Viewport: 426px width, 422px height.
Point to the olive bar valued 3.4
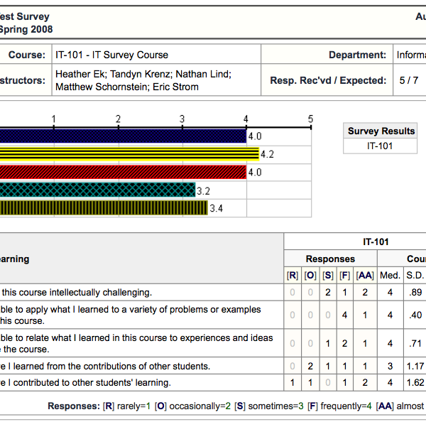tap(103, 208)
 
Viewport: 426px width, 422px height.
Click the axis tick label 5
tap(310, 119)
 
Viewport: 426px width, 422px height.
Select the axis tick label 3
tap(182, 119)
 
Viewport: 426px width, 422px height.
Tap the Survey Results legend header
tap(381, 131)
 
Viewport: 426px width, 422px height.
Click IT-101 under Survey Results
tap(381, 146)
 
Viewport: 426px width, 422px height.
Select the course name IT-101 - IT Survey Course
tap(111, 55)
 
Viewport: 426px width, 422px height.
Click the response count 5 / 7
tap(408, 80)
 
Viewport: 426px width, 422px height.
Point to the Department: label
tap(357, 55)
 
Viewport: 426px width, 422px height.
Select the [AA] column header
tap(365, 275)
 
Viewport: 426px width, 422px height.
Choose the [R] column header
tap(292, 275)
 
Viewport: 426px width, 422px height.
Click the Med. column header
tap(390, 275)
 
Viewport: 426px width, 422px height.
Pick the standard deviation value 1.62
tap(415, 383)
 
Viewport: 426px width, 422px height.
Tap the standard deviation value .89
tap(415, 292)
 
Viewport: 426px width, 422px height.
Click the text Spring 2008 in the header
tap(26, 30)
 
